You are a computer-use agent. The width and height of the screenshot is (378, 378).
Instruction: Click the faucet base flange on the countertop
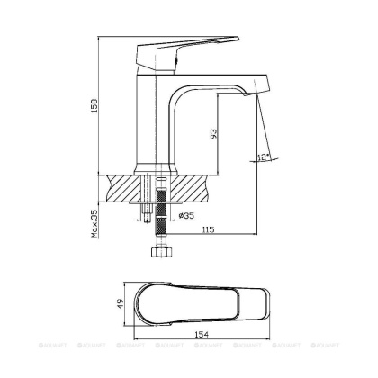(154, 168)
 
